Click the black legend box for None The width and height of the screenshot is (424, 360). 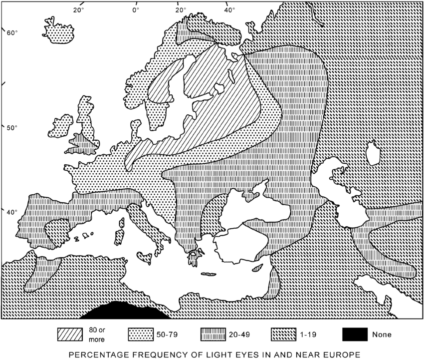click(356, 335)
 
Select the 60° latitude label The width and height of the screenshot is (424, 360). click(11, 33)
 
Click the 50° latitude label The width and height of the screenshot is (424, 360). click(11, 128)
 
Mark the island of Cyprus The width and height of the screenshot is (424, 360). click(258, 269)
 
